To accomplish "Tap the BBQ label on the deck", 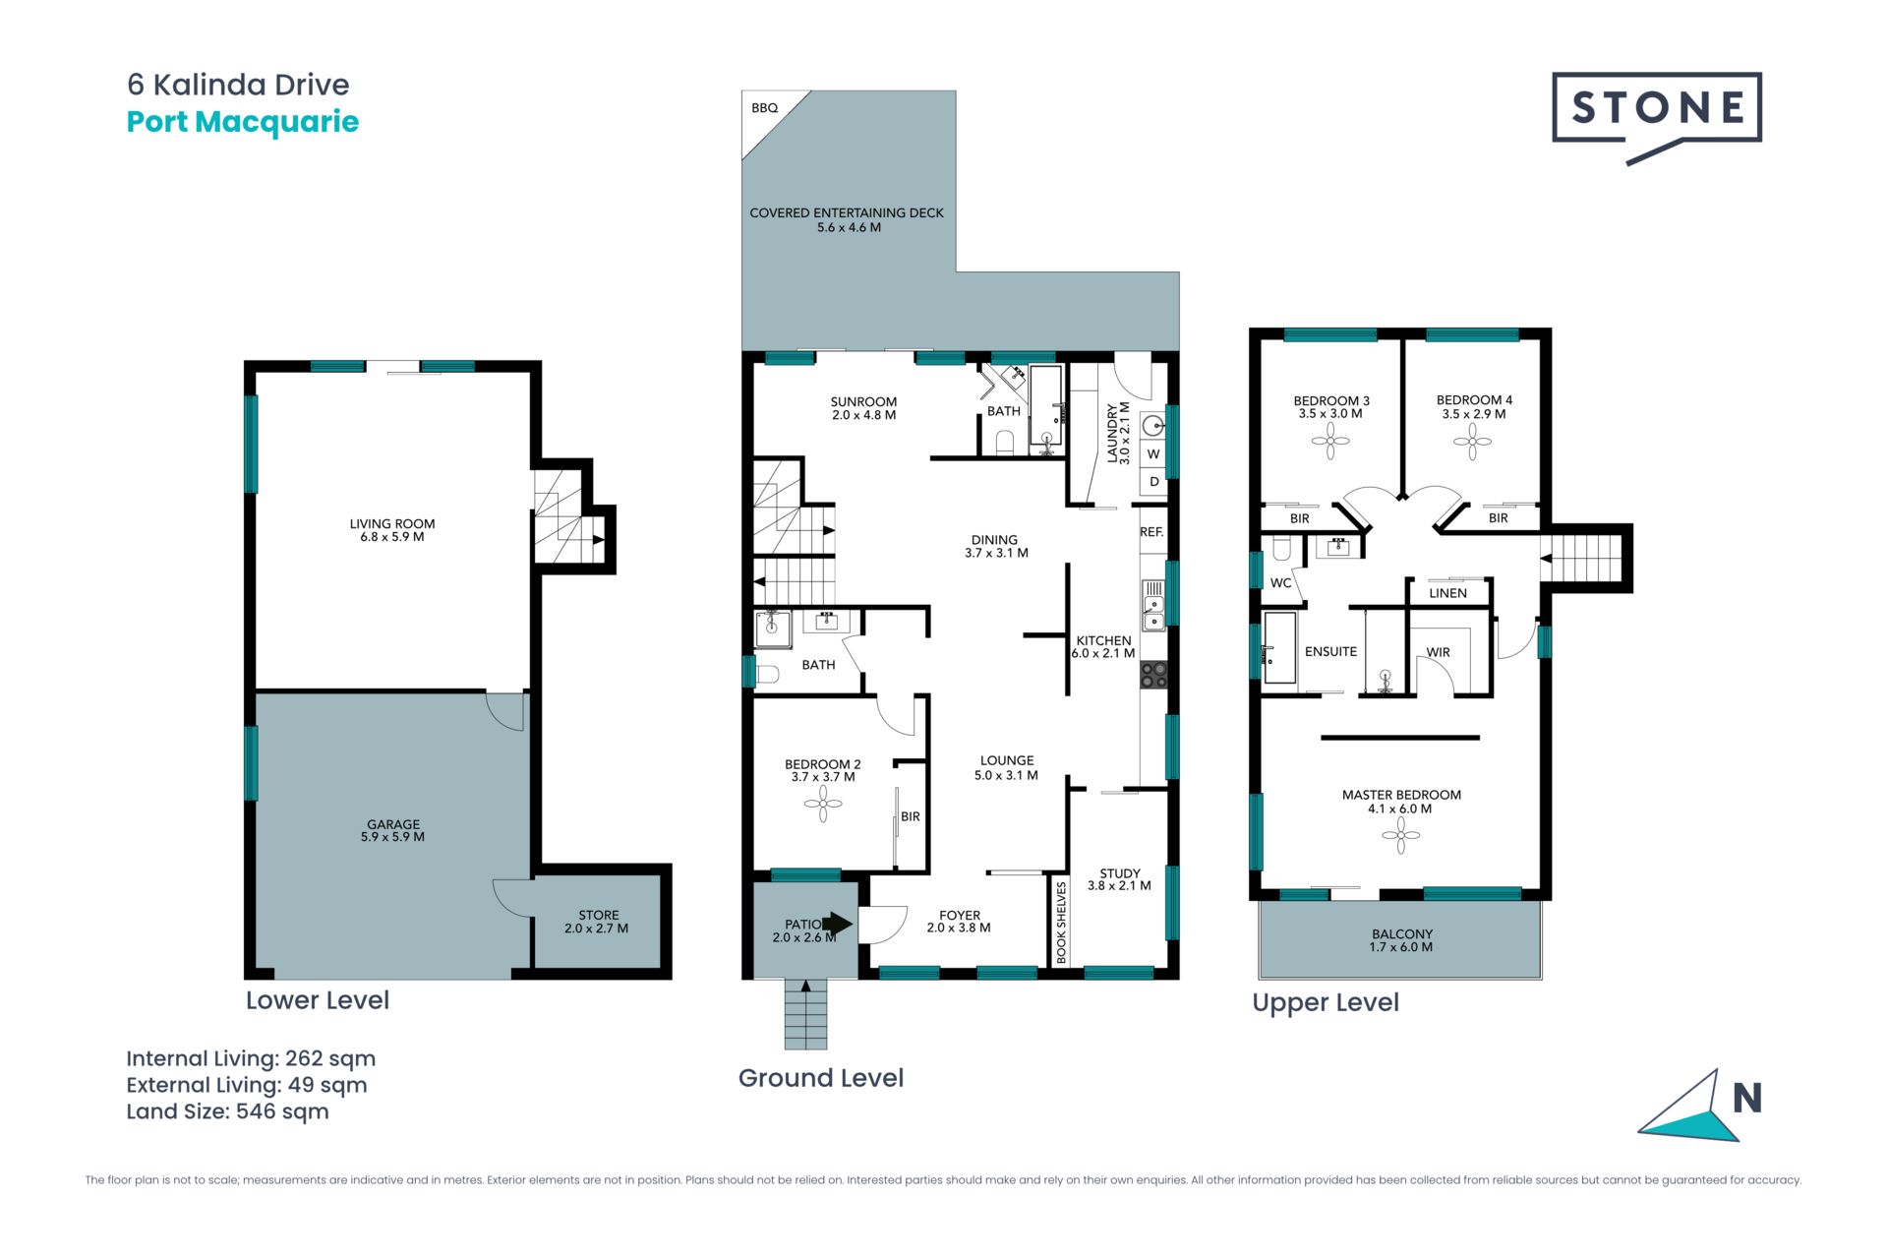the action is (x=764, y=108).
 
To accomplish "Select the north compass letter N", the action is (x=1746, y=1098).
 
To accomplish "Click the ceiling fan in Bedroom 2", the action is (x=823, y=805).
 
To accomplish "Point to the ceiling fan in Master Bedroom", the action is (x=1400, y=836).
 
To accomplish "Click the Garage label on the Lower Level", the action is (x=392, y=830).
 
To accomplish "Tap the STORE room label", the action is (x=597, y=922).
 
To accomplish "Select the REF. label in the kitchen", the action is (x=1151, y=532).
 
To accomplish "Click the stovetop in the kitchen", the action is (x=1153, y=675).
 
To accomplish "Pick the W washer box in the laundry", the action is (x=1153, y=454).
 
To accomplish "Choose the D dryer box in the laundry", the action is (x=1153, y=482).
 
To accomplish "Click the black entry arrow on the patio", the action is (x=838, y=924).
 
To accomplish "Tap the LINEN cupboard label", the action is (x=1447, y=593).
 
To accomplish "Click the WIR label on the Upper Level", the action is (x=1438, y=652).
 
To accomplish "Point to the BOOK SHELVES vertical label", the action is (x=1061, y=922).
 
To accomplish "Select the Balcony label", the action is (x=1401, y=940).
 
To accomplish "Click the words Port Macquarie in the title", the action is (x=243, y=122).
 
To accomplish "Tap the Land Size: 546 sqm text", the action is (x=227, y=1111).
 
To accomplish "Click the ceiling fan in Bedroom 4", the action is (x=1472, y=442).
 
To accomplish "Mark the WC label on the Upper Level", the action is (x=1280, y=583).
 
